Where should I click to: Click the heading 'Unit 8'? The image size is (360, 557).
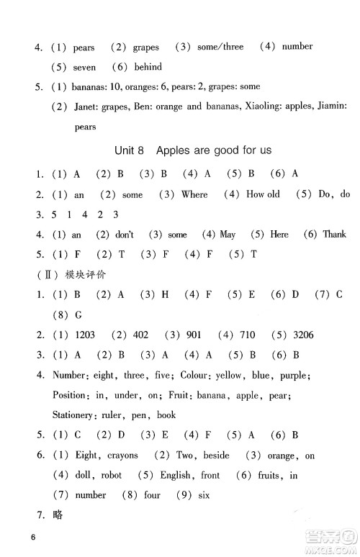coord(130,151)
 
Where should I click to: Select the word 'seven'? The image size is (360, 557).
coord(84,67)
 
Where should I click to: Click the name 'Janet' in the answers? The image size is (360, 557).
coord(85,107)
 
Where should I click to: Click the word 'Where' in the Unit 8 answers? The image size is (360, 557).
coord(194,194)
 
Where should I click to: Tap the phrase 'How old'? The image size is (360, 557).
coord(262,194)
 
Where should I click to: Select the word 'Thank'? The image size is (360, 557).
coord(334,234)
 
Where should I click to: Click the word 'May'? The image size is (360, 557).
coord(228,234)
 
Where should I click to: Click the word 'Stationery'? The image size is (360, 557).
coord(74,415)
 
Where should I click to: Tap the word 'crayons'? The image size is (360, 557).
coord(122,456)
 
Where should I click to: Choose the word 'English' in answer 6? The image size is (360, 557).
coord(174,475)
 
